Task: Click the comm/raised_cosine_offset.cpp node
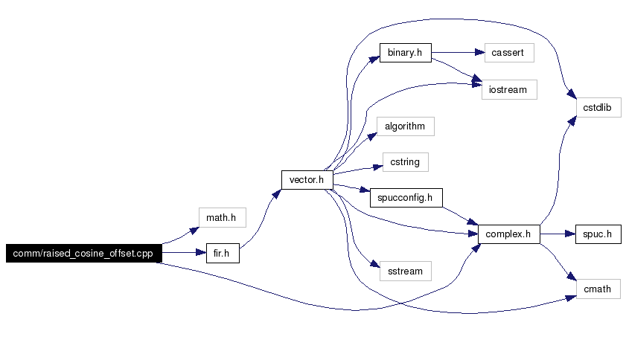pyautogui.click(x=84, y=253)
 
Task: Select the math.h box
pyautogui.click(x=223, y=217)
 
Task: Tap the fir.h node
pyautogui.click(x=223, y=253)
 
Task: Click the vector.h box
pyautogui.click(x=307, y=180)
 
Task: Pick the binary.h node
pyautogui.click(x=405, y=53)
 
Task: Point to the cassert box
pyautogui.click(x=509, y=53)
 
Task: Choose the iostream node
pyautogui.click(x=509, y=90)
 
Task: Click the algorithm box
pyautogui.click(x=405, y=126)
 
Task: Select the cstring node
pyautogui.click(x=405, y=162)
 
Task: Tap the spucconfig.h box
pyautogui.click(x=406, y=198)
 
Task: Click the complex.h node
pyautogui.click(x=508, y=234)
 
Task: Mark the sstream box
pyautogui.click(x=405, y=271)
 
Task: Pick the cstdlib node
pyautogui.click(x=598, y=107)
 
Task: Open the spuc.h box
pyautogui.click(x=598, y=234)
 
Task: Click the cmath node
pyautogui.click(x=598, y=289)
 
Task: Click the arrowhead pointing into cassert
pyautogui.click(x=480, y=52)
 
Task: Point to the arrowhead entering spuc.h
pyautogui.click(x=570, y=234)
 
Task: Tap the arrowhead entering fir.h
pyautogui.click(x=201, y=253)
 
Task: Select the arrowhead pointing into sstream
pyautogui.click(x=375, y=264)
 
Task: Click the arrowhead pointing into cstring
pyautogui.click(x=378, y=167)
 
